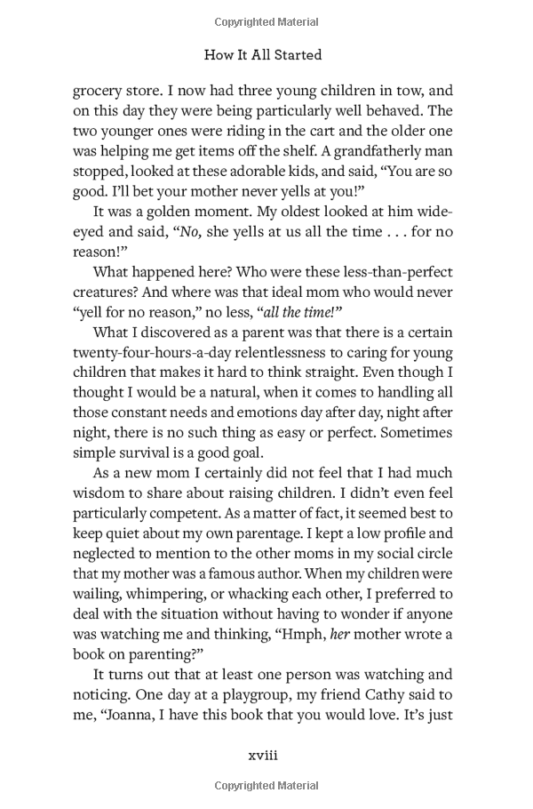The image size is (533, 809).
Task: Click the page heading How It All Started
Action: pos(262,54)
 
